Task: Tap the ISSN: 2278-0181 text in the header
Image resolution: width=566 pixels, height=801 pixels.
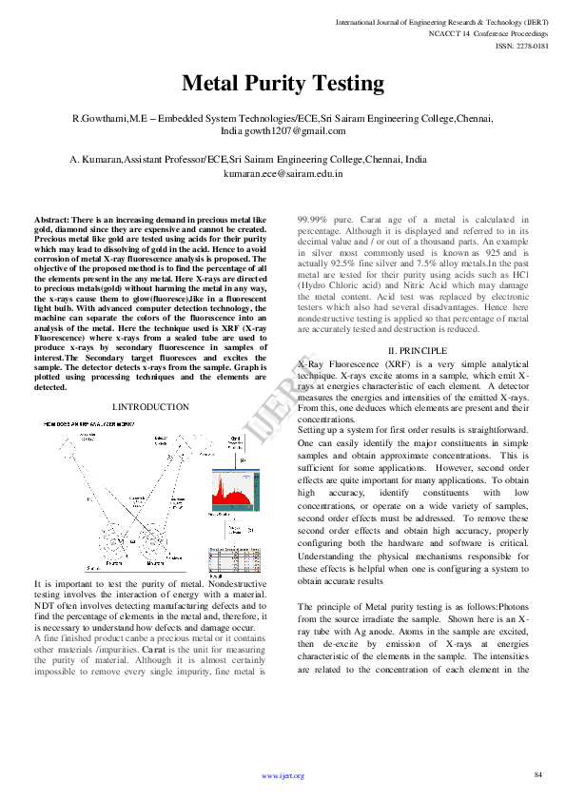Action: (522, 44)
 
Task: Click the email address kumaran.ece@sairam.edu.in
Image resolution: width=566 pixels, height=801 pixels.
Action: (283, 175)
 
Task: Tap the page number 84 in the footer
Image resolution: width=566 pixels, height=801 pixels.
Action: (538, 775)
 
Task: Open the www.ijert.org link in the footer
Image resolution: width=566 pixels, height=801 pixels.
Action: (283, 776)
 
